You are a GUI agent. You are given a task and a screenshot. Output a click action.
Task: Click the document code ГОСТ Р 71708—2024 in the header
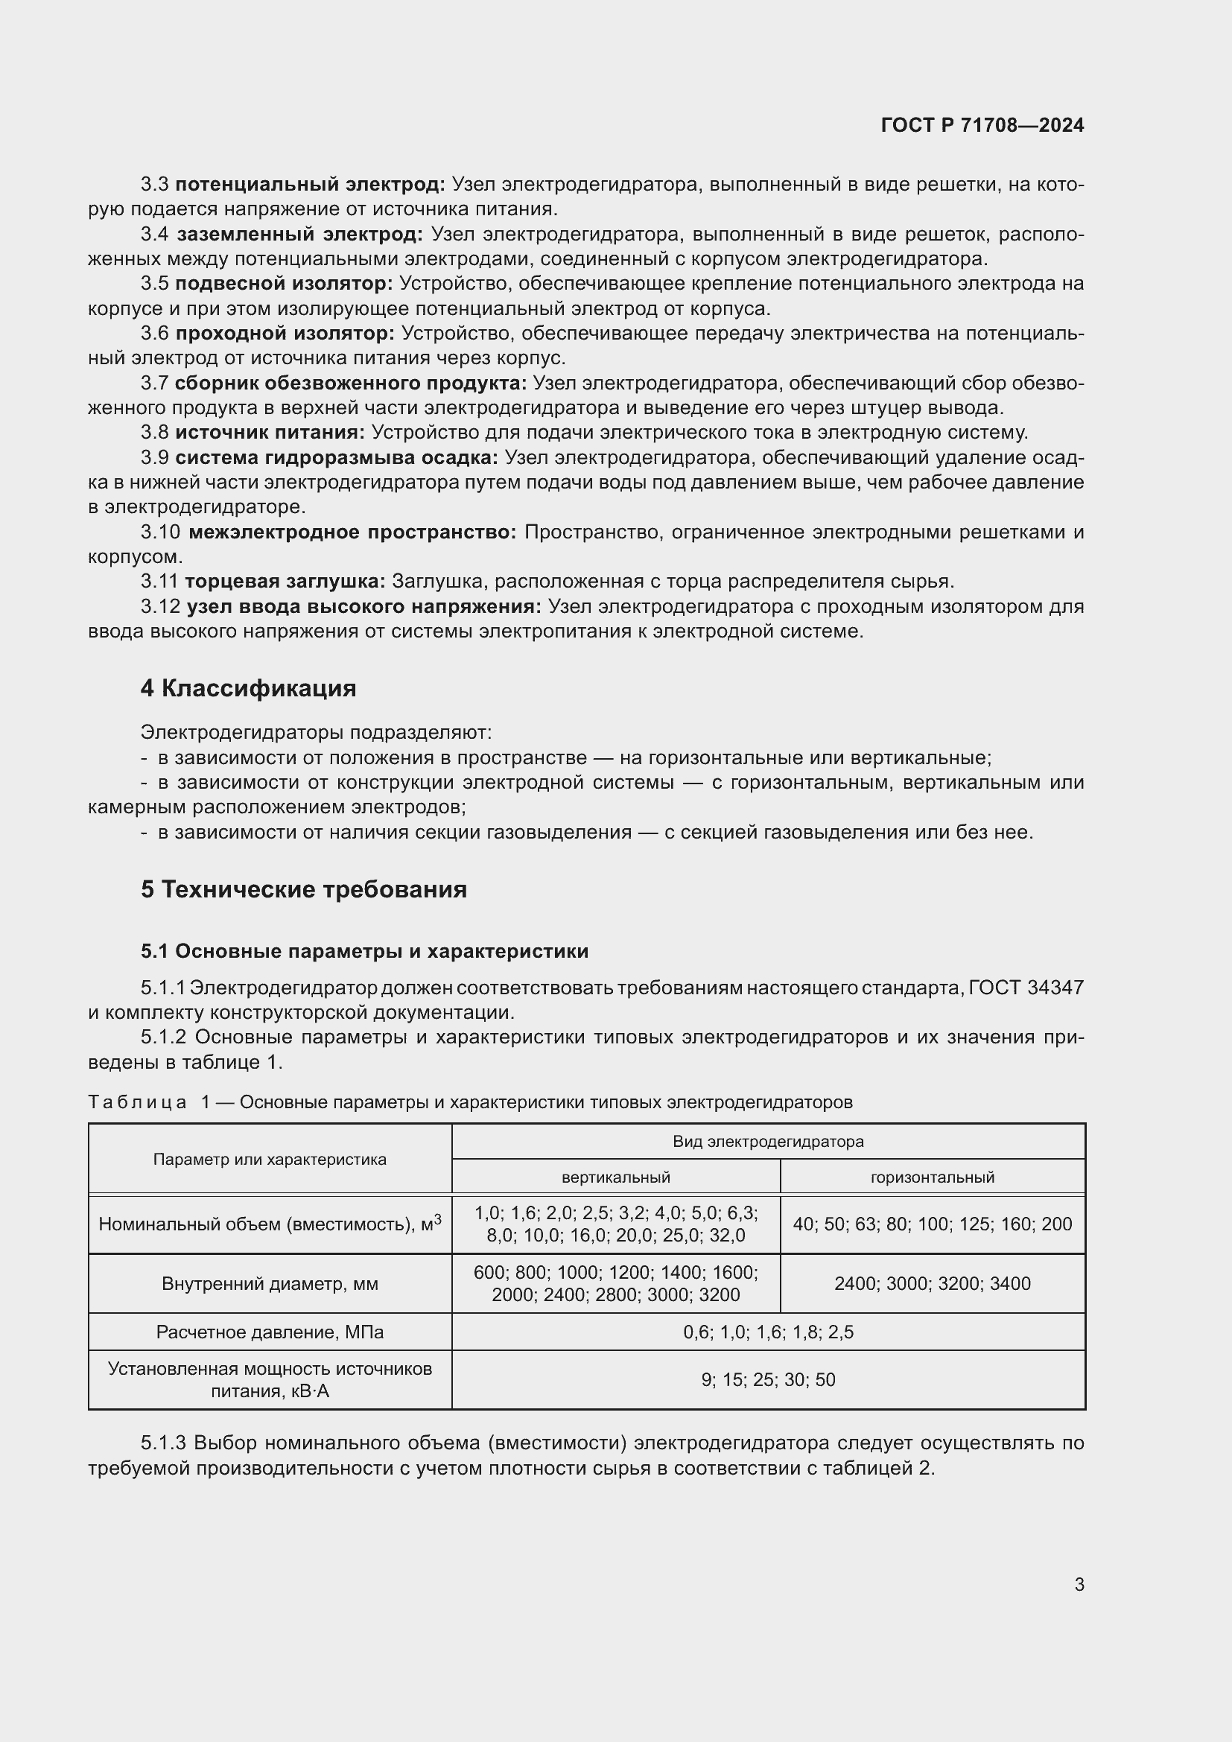point(982,125)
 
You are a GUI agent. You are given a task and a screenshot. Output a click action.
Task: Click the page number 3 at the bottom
point(1079,1584)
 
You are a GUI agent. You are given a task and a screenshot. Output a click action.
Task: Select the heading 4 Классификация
point(248,688)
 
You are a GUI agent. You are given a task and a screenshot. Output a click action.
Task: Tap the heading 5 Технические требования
point(303,889)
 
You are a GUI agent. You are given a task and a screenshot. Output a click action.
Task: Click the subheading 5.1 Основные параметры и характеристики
point(364,950)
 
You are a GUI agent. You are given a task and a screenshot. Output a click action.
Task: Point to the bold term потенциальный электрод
point(311,185)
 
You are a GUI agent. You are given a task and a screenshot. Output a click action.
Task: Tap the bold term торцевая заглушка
point(285,581)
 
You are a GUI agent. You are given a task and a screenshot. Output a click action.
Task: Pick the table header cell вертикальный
point(615,1177)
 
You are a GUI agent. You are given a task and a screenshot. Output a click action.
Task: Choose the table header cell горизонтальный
point(932,1177)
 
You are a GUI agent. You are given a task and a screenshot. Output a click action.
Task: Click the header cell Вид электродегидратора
point(768,1141)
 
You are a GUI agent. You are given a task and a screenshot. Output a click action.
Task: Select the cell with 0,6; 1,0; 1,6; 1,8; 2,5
point(768,1332)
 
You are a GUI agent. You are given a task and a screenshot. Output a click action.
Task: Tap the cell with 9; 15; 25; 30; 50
point(768,1379)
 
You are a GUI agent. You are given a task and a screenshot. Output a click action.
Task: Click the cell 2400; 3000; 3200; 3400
point(932,1283)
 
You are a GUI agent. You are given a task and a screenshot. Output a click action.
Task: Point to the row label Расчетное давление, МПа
point(270,1332)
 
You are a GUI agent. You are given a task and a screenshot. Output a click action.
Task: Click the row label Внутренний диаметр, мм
point(270,1283)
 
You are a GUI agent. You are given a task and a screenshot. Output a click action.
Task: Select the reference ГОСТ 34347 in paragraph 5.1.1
point(1026,988)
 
